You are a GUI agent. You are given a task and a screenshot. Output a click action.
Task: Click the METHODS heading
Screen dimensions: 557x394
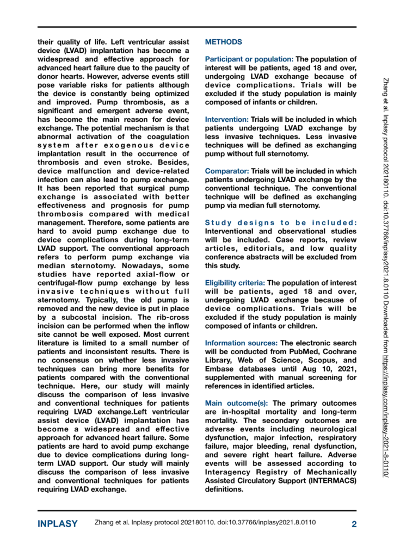[x=224, y=42]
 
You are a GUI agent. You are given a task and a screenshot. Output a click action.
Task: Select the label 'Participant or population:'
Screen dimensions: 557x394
[x=248, y=59]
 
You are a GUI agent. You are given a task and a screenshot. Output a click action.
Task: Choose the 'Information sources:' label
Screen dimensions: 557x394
[x=241, y=343]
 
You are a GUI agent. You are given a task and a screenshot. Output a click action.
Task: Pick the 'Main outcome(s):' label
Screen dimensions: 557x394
[x=236, y=403]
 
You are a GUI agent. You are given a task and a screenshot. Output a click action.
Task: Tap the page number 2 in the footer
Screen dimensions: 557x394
[x=354, y=524]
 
